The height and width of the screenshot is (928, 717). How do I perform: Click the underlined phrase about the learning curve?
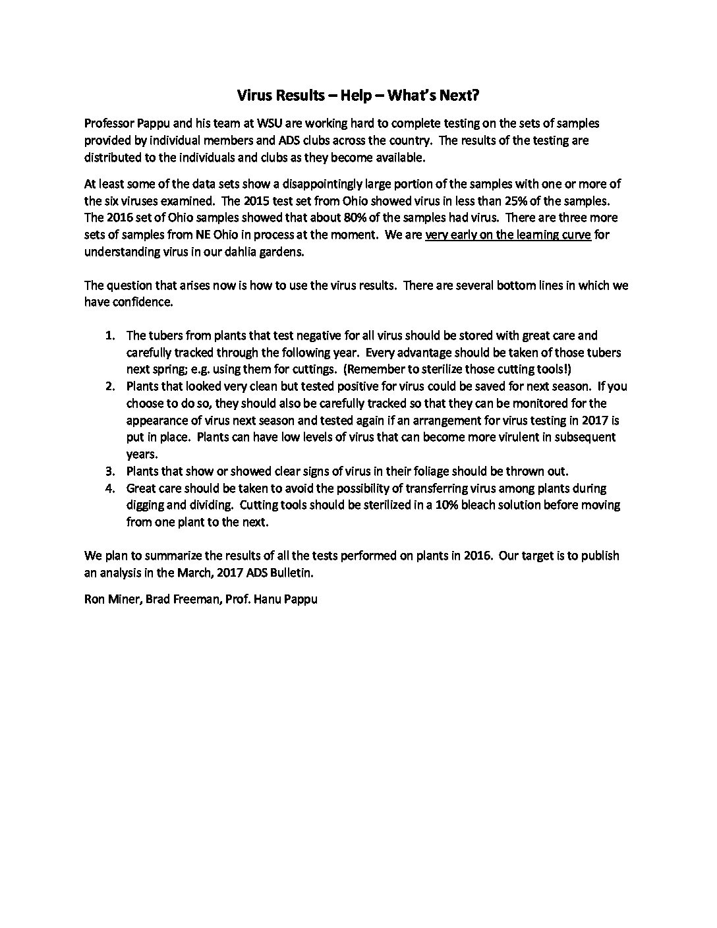pyautogui.click(x=508, y=235)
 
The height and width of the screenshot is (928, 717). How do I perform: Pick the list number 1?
pyautogui.click(x=111, y=335)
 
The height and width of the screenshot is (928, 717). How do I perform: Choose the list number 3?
pyautogui.click(x=111, y=471)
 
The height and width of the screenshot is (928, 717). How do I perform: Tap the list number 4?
pyautogui.click(x=111, y=488)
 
